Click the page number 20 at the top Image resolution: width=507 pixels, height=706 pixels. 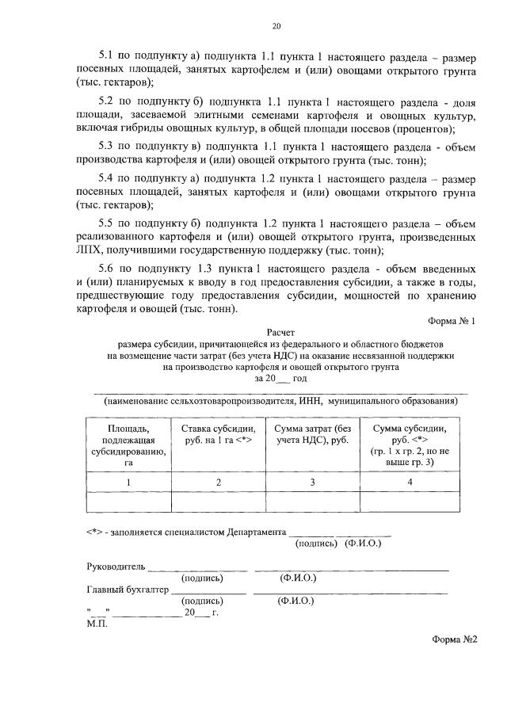pyautogui.click(x=276, y=26)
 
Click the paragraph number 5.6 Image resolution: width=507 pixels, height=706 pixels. pyautogui.click(x=107, y=268)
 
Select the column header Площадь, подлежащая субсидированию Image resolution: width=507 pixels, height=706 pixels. pyautogui.click(x=128, y=445)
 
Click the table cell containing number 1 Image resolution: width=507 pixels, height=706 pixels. pyautogui.click(x=128, y=482)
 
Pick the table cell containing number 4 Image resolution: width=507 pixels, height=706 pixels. pyautogui.click(x=410, y=482)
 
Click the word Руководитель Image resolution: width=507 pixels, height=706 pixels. pyautogui.click(x=115, y=567)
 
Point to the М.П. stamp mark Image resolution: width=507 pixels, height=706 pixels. pyautogui.click(x=95, y=623)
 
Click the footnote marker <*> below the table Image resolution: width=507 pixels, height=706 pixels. pyautogui.click(x=95, y=532)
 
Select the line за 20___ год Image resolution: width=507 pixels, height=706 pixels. pyautogui.click(x=280, y=379)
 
